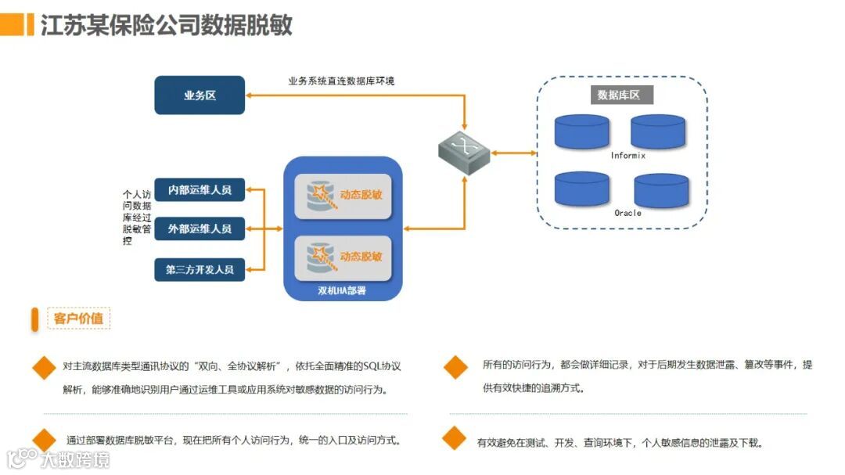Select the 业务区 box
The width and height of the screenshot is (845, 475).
click(x=200, y=95)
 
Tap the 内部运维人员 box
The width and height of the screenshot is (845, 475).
click(x=200, y=189)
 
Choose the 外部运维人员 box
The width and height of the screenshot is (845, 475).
click(x=200, y=229)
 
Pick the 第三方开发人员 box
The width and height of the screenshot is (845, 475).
click(x=200, y=269)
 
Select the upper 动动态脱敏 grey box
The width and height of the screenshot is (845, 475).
click(x=343, y=196)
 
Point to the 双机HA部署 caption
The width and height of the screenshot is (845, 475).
click(x=342, y=291)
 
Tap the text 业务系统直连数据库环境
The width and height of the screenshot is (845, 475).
click(x=341, y=81)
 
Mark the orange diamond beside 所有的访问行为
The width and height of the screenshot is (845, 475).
click(x=455, y=366)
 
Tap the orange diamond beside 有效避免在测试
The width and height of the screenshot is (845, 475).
click(x=454, y=439)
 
